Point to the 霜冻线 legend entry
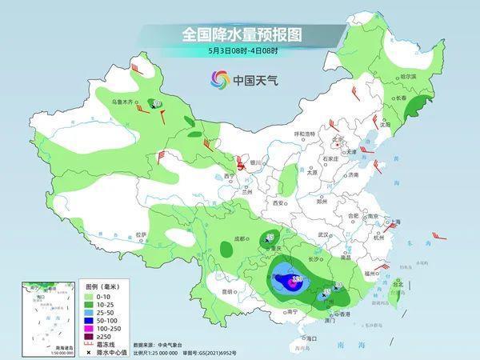tap(91, 345)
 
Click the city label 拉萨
tap(141, 234)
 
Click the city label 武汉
tap(323, 234)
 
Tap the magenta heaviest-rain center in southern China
tap(295, 281)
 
